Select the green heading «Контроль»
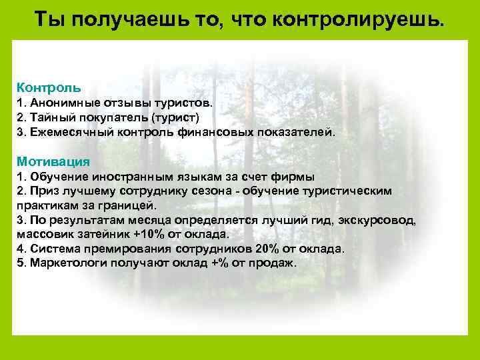49,87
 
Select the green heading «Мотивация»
53,162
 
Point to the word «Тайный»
48,117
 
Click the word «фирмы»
298,177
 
